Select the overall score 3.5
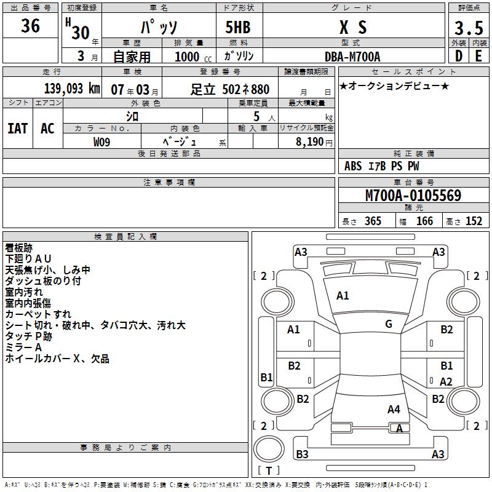(x=469, y=28)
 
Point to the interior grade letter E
(x=479, y=56)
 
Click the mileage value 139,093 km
(x=72, y=89)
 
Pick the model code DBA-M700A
(x=352, y=57)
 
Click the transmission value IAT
(x=18, y=128)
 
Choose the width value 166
(x=424, y=221)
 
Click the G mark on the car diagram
(x=389, y=324)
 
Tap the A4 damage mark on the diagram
(x=394, y=409)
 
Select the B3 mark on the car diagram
(x=302, y=454)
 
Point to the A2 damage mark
(x=446, y=381)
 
